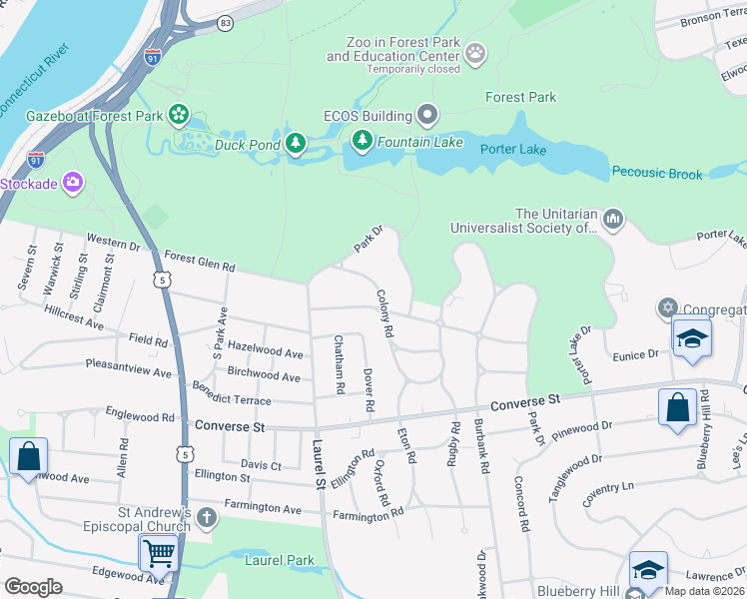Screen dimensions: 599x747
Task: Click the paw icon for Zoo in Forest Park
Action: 476,51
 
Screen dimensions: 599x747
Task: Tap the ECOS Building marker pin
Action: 427,116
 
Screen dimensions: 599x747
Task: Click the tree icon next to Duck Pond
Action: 296,145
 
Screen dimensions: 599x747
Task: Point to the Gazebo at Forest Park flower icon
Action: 179,116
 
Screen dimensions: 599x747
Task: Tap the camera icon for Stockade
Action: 72,183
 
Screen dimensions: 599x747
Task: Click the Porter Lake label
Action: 512,149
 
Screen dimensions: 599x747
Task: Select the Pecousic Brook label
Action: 657,173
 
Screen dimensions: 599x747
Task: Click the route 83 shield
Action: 226,22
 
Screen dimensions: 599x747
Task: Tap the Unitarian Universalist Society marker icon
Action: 613,217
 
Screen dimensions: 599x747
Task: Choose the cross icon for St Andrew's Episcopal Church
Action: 206,517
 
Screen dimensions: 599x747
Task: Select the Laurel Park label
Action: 279,561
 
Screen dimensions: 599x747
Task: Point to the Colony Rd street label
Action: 384,312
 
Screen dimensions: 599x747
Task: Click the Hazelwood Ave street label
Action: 265,353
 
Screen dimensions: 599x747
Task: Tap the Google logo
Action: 33,587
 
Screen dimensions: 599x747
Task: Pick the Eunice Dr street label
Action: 635,353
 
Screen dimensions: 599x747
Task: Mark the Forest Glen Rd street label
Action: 199,261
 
